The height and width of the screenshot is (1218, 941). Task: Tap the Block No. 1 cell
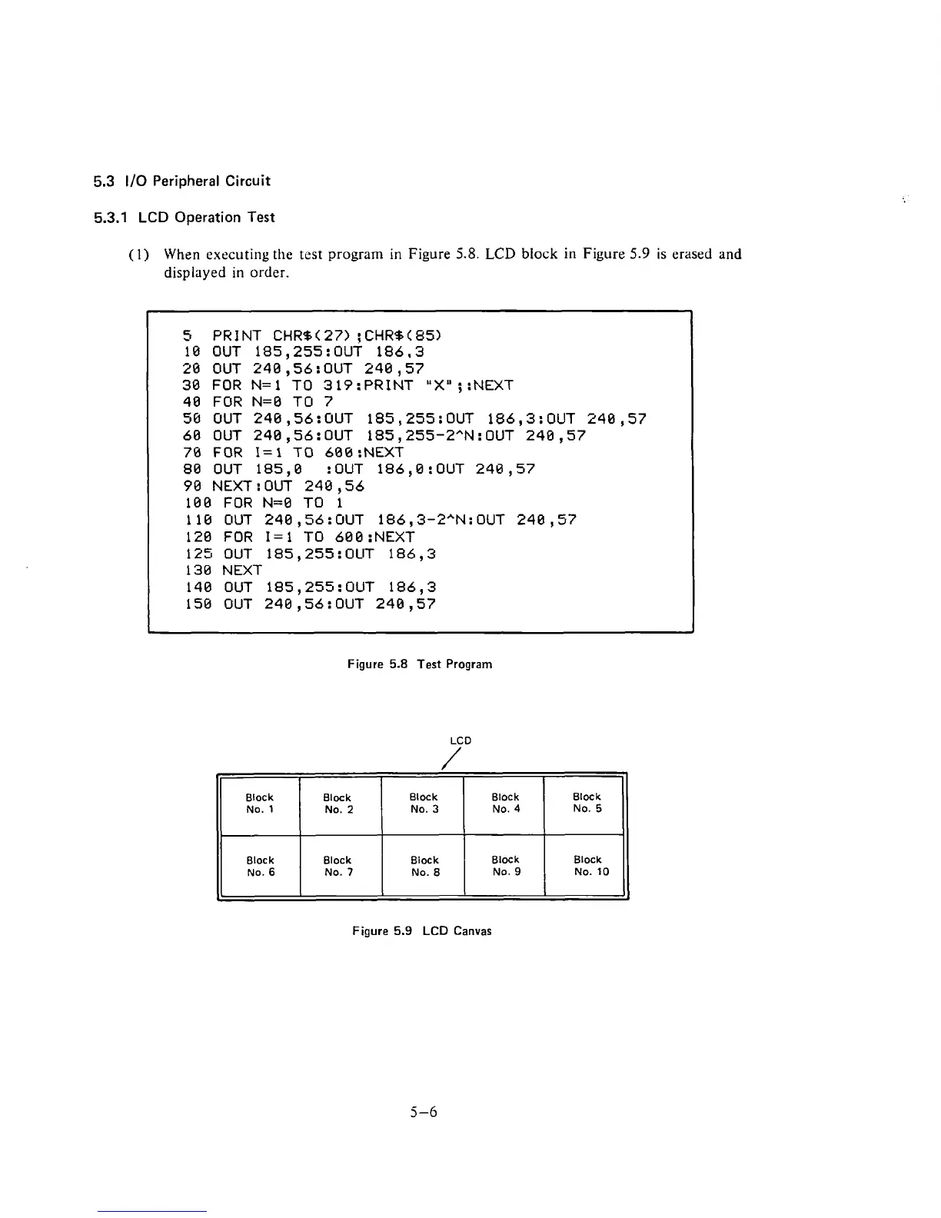260,804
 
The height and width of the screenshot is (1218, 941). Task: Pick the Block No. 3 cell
424,804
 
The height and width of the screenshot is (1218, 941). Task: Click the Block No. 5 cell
587,803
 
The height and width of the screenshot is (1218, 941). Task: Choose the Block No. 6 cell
261,867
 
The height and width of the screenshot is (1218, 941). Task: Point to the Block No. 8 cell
424,866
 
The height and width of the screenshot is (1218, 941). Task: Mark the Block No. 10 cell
590,866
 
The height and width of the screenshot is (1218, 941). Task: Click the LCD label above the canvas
461,740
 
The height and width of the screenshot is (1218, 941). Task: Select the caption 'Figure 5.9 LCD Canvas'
421,930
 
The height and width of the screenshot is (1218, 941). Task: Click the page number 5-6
424,1111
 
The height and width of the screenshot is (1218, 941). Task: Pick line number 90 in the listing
193,486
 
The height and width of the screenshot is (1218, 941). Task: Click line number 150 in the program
199,604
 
